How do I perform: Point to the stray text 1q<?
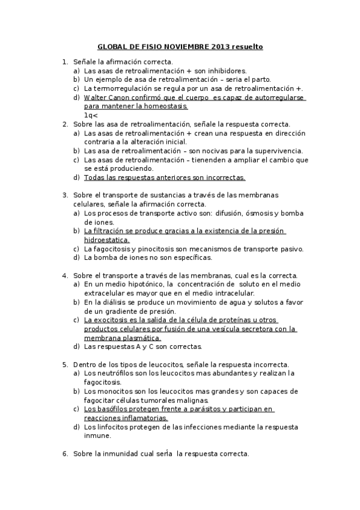point(91,115)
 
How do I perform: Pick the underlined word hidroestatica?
point(107,239)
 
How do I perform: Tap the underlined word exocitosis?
point(116,320)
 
